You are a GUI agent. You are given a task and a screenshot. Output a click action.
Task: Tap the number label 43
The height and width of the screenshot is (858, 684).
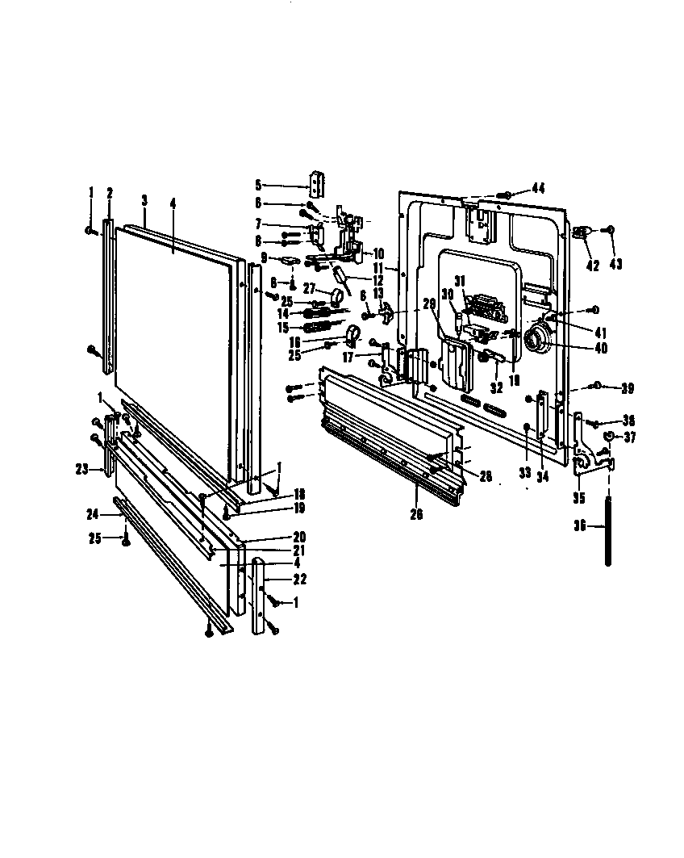[616, 264]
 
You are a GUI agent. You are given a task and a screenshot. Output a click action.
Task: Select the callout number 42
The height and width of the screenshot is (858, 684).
[593, 264]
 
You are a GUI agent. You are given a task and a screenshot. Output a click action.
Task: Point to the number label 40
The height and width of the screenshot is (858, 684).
[599, 349]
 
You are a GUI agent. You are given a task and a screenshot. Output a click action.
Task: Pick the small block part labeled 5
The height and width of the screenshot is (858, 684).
[317, 184]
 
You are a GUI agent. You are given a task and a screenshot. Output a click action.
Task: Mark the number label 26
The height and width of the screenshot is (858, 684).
[417, 514]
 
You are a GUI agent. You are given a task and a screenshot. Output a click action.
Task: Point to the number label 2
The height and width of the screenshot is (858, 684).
[110, 193]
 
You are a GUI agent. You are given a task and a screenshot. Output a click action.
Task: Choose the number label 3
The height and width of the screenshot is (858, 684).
[144, 199]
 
